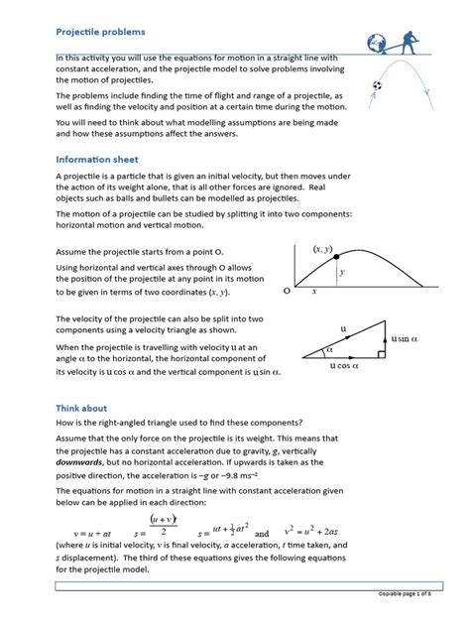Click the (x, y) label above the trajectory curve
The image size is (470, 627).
point(323,250)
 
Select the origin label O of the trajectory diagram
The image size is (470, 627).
point(287,293)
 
